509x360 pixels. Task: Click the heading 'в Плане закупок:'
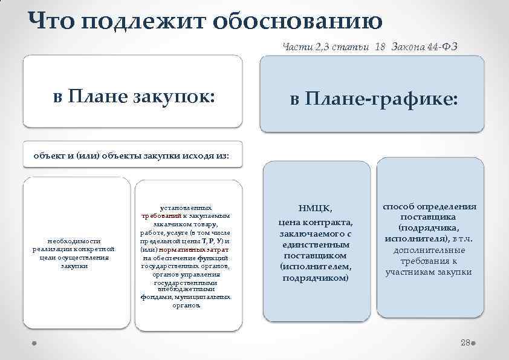pos(134,96)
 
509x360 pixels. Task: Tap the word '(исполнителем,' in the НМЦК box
pos(315,267)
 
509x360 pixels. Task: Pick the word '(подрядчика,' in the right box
pos(429,228)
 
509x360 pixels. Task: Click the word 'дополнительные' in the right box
pos(429,250)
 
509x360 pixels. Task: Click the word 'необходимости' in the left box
pos(74,240)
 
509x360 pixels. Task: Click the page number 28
pos(465,342)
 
